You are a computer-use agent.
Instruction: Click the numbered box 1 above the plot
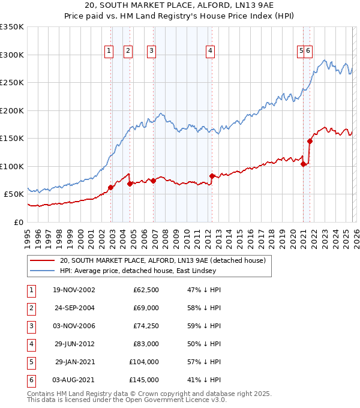click(109, 52)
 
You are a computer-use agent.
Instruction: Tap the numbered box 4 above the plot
click(211, 52)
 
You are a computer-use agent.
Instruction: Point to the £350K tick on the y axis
click(12, 27)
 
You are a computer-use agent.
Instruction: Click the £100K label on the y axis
click(12, 166)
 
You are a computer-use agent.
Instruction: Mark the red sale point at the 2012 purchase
click(212, 176)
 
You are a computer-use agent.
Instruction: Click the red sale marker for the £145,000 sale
click(310, 141)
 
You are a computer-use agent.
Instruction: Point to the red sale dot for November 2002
click(110, 187)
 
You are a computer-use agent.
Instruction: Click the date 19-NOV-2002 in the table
click(74, 290)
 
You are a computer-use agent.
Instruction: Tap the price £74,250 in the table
click(144, 326)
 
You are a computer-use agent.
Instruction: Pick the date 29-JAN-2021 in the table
click(74, 362)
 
